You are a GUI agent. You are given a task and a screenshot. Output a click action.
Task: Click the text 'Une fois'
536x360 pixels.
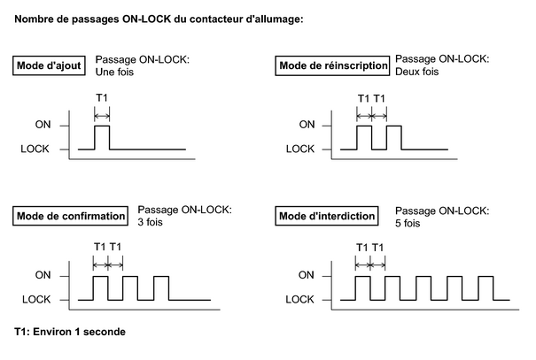(114, 72)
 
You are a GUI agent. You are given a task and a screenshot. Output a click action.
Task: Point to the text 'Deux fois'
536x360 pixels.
(416, 72)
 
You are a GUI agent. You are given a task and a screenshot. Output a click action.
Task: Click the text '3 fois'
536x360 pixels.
(150, 222)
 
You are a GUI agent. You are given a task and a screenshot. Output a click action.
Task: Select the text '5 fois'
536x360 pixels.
(408, 223)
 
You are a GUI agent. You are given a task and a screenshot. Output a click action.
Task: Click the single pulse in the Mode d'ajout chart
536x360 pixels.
(102, 126)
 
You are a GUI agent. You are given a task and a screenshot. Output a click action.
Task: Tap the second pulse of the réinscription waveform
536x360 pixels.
(394, 126)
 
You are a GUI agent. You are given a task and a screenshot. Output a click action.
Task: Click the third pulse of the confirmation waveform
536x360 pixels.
(161, 277)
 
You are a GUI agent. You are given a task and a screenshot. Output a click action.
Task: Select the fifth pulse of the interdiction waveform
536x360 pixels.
(486, 277)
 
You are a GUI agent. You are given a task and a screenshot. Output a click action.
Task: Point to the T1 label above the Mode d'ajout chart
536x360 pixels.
(102, 98)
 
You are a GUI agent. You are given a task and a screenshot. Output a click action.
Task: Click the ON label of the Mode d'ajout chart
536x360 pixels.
(43, 125)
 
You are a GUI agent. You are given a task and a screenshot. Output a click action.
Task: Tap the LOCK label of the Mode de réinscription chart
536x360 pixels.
(300, 149)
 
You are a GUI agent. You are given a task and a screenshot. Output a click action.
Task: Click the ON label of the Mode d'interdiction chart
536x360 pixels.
(306, 275)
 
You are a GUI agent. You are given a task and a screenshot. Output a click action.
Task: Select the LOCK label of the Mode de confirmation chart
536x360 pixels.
(36, 299)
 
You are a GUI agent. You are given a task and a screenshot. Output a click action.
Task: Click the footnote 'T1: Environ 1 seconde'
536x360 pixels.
(70, 332)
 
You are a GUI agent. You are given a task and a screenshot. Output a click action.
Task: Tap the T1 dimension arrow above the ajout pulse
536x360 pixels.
(102, 117)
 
